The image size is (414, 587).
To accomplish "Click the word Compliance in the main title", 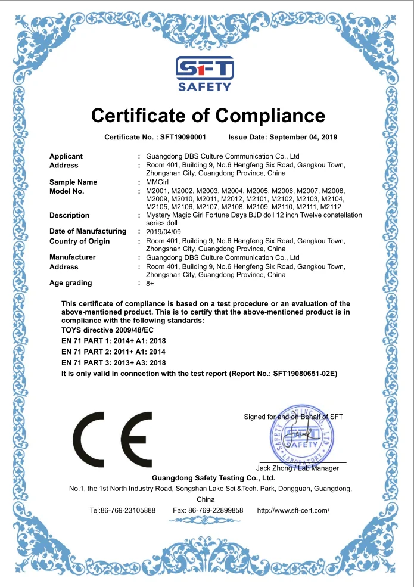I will tap(270, 115).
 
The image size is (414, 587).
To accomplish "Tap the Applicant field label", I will tap(66, 156).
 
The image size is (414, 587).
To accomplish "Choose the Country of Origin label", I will tap(79, 241).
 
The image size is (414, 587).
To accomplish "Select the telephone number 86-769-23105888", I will tap(130, 510).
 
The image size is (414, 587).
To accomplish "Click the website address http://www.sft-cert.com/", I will tap(292, 510).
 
